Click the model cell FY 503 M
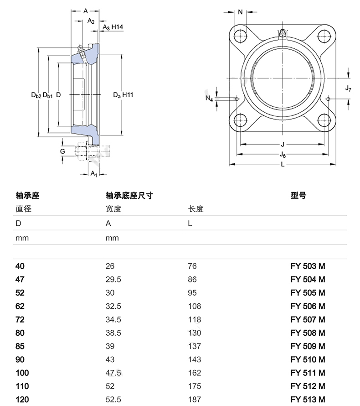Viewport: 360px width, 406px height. coord(308,266)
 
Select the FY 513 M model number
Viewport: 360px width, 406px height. coord(308,400)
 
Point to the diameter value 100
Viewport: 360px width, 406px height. coord(22,373)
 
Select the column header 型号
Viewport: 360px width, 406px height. coord(298,196)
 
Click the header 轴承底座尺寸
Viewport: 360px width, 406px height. coord(129,196)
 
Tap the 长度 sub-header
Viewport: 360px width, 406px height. coord(196,209)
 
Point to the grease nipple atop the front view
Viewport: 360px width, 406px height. coord(283,33)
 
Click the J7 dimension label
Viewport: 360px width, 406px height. coord(348,88)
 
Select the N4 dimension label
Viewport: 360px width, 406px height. coord(209,98)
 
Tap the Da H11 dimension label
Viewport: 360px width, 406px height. coord(123,95)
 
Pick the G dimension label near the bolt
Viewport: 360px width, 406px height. coord(62,151)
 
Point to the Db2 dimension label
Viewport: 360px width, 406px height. coord(36,95)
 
